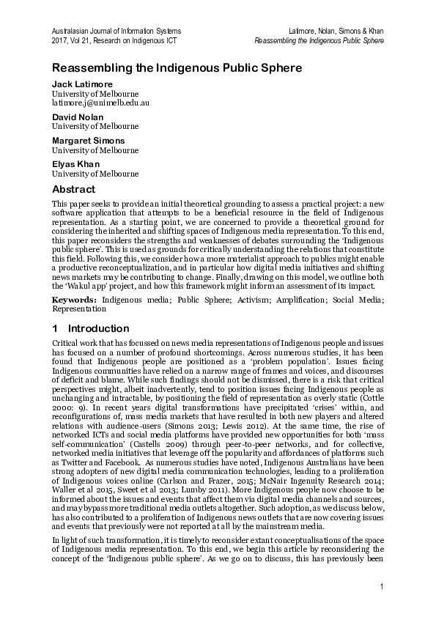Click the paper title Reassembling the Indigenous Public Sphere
pos(177,68)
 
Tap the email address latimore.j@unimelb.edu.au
pos(100,103)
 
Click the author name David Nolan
pos(77,117)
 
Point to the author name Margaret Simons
pos(88,140)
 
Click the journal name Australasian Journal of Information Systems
pos(116,31)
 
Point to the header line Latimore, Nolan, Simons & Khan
pos(336,31)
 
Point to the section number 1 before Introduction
pos(56,328)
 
